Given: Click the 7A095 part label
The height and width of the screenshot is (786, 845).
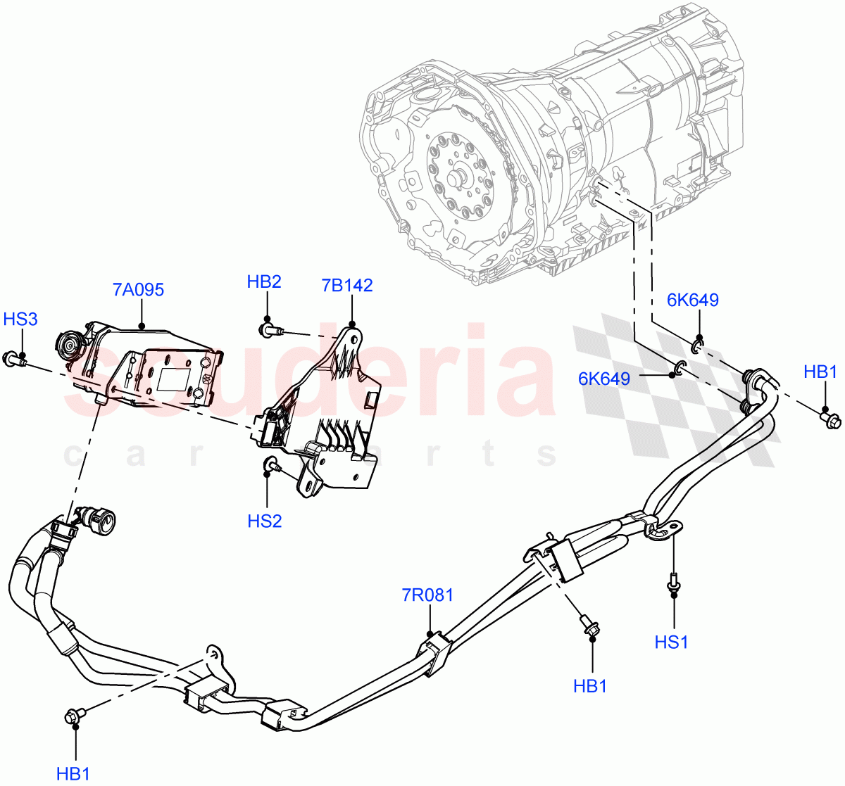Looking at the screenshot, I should tap(137, 289).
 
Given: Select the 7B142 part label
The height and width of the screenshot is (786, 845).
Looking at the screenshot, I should tap(346, 286).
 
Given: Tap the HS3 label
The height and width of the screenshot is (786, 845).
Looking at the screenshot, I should tap(20, 319).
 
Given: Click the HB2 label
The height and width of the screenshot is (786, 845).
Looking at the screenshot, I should tap(264, 282).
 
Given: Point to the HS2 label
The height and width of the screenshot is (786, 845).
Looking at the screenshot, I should tap(265, 521).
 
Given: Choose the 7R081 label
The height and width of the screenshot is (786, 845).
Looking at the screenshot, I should tap(427, 595).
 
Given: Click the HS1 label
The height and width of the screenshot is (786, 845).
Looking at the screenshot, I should tap(671, 642).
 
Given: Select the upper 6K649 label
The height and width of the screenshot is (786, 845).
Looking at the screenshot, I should tap(693, 300).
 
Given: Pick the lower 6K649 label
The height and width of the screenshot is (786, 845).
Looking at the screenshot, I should tap(604, 379).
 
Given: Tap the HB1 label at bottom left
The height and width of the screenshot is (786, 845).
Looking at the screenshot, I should tap(73, 773).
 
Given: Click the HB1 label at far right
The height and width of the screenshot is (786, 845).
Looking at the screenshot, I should tap(820, 372).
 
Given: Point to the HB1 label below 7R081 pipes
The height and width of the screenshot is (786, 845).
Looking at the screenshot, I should tap(590, 686).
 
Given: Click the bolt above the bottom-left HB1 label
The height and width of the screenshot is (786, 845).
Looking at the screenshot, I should tap(74, 716).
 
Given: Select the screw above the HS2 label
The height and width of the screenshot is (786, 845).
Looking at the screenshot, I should tap(270, 464).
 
